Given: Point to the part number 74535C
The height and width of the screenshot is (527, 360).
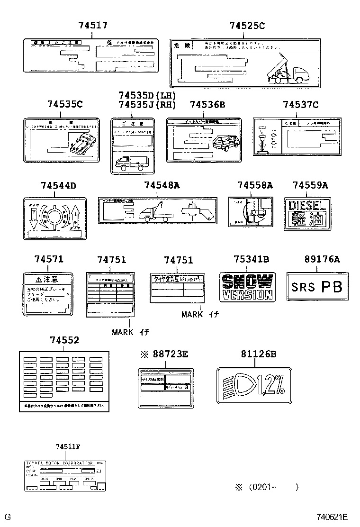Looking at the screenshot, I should [x=64, y=104].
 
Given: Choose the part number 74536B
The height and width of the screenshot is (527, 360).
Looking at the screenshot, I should [x=207, y=104].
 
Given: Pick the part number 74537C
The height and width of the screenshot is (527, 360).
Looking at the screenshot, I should [x=300, y=104].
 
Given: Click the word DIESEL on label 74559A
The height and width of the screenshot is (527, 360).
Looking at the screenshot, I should [x=307, y=206].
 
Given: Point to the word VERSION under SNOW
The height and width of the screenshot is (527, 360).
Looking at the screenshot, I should [x=247, y=295].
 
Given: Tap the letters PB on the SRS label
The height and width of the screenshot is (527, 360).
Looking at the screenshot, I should [x=332, y=287].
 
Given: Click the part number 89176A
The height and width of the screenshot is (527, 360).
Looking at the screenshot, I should [x=322, y=259].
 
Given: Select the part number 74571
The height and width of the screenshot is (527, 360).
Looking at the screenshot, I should [x=48, y=259].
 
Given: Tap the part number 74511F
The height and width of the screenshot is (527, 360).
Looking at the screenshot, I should [x=68, y=447].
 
